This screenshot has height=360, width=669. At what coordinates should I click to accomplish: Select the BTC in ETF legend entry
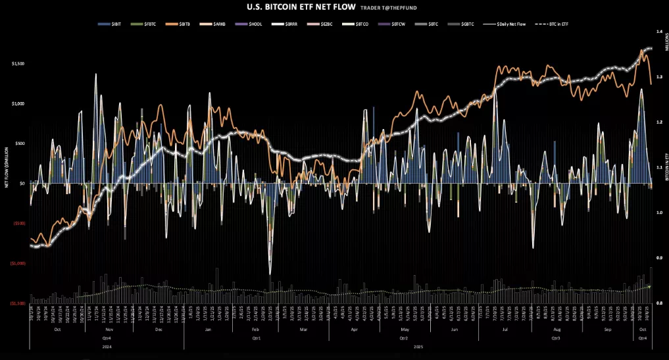555,24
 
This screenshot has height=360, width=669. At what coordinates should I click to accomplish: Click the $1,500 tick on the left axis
18,63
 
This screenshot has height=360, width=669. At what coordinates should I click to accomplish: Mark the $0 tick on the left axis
22,183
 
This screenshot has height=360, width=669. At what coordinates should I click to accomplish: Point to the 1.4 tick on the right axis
657,32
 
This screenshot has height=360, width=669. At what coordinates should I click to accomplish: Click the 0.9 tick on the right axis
657,258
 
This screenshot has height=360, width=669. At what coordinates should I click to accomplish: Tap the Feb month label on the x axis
256,328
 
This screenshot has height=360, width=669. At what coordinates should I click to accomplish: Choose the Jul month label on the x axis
505,328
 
